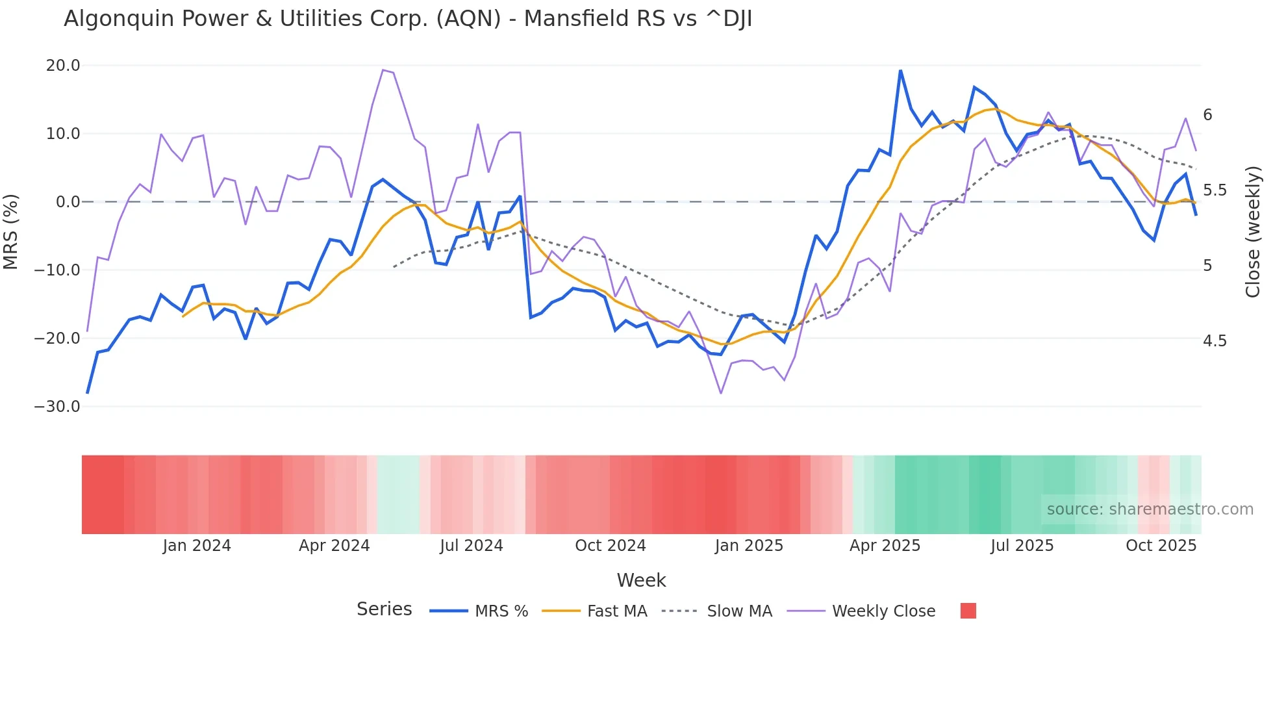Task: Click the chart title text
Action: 408,19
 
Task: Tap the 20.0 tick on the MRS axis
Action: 63,66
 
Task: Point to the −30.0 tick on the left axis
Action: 57,407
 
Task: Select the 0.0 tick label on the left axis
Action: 68,202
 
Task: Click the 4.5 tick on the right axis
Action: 1215,341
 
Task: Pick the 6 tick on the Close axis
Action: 1207,115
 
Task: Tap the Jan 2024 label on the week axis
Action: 197,546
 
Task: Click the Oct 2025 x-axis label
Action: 1161,546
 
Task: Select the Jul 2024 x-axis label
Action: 472,546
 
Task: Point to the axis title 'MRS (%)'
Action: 11,232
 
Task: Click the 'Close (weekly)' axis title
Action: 1253,232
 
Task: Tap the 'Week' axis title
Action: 641,580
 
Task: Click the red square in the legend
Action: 968,611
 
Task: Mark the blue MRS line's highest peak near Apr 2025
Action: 900,70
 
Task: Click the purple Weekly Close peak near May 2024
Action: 383,70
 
